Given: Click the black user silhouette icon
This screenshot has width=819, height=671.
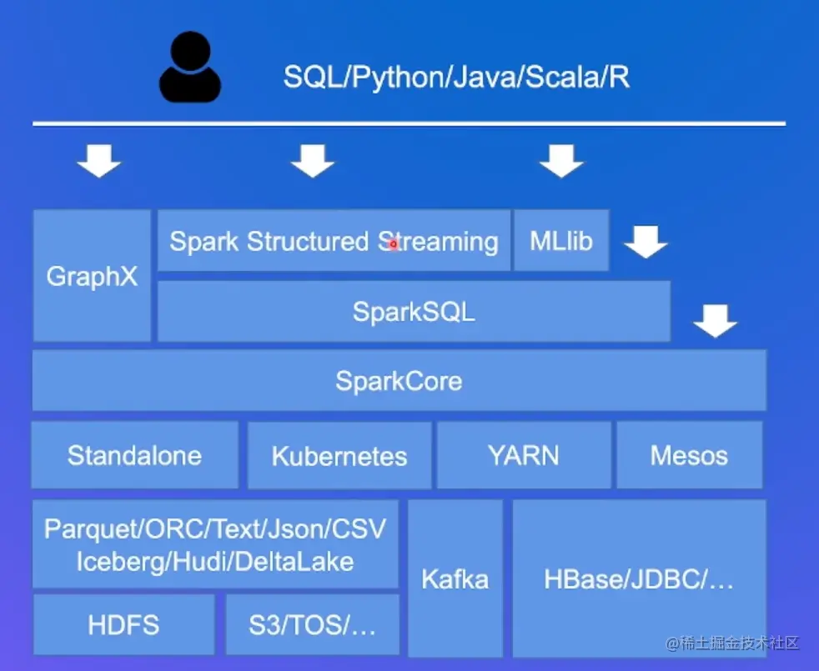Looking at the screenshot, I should (190, 68).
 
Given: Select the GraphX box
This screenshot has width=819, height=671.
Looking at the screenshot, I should (92, 276).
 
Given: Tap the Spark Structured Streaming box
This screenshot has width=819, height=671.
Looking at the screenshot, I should (334, 241).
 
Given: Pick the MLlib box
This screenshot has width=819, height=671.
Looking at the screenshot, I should (561, 241).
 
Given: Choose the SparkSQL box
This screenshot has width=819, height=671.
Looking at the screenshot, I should (414, 312).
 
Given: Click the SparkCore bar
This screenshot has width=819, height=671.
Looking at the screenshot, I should (399, 381).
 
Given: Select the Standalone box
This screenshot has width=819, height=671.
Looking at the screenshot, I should (134, 455).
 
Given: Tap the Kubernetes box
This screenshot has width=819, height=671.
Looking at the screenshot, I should (339, 456).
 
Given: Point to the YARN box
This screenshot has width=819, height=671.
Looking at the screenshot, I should (524, 455).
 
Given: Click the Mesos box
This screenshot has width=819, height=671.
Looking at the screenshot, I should (689, 455).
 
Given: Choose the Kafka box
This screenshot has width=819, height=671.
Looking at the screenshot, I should (455, 578).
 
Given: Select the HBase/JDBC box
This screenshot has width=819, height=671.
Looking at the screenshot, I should (639, 579).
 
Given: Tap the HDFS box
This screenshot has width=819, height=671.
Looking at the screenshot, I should (123, 625).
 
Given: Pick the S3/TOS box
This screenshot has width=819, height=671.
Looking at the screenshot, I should (312, 625).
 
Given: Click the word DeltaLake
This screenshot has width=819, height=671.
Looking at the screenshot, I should (294, 561).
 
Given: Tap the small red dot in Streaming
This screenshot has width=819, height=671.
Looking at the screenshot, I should (394, 243).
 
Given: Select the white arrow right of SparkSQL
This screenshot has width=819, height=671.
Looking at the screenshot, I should (716, 319).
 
